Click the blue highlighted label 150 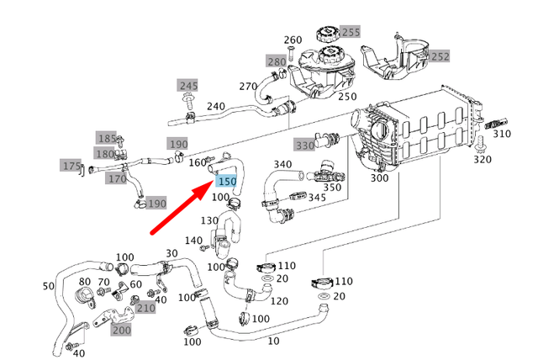[x=227, y=181]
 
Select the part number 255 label [x=350, y=33]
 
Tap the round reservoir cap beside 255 [x=324, y=36]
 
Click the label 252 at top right [x=440, y=56]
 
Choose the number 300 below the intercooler [x=379, y=178]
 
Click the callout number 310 [x=502, y=134]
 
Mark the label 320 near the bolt [x=482, y=159]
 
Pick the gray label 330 [x=303, y=146]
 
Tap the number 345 [x=317, y=198]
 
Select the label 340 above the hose [x=282, y=164]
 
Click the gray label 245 [x=187, y=86]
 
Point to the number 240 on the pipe [x=216, y=107]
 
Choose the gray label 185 [x=107, y=138]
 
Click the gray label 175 [x=71, y=166]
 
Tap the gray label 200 [x=121, y=331]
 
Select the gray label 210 [x=145, y=309]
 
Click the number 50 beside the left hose [x=47, y=287]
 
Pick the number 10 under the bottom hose [x=274, y=341]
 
